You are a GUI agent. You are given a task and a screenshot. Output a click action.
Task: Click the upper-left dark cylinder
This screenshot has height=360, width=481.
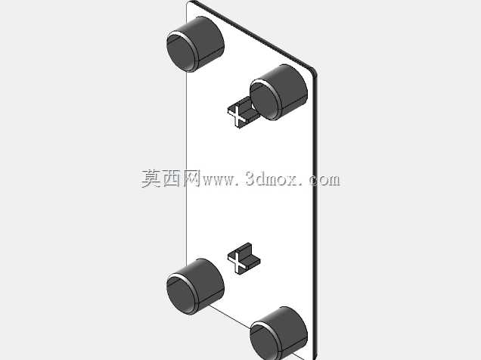195,45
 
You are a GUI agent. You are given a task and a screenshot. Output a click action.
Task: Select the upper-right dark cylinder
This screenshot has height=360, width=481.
278,92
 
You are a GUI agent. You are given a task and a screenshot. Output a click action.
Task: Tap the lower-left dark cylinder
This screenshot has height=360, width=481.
195,287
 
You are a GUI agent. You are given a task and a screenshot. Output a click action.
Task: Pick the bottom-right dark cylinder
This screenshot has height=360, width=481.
278,334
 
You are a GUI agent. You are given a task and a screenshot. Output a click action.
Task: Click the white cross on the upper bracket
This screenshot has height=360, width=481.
237,116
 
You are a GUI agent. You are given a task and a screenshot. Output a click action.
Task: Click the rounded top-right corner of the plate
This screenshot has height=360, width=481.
313,71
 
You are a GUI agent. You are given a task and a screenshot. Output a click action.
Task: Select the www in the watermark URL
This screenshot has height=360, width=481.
218,180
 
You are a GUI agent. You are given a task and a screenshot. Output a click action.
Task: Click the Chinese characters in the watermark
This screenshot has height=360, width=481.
171,178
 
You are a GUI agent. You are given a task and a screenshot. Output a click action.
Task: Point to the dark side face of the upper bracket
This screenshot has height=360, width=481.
248,111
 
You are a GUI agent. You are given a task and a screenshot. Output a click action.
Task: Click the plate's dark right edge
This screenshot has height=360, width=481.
315,215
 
